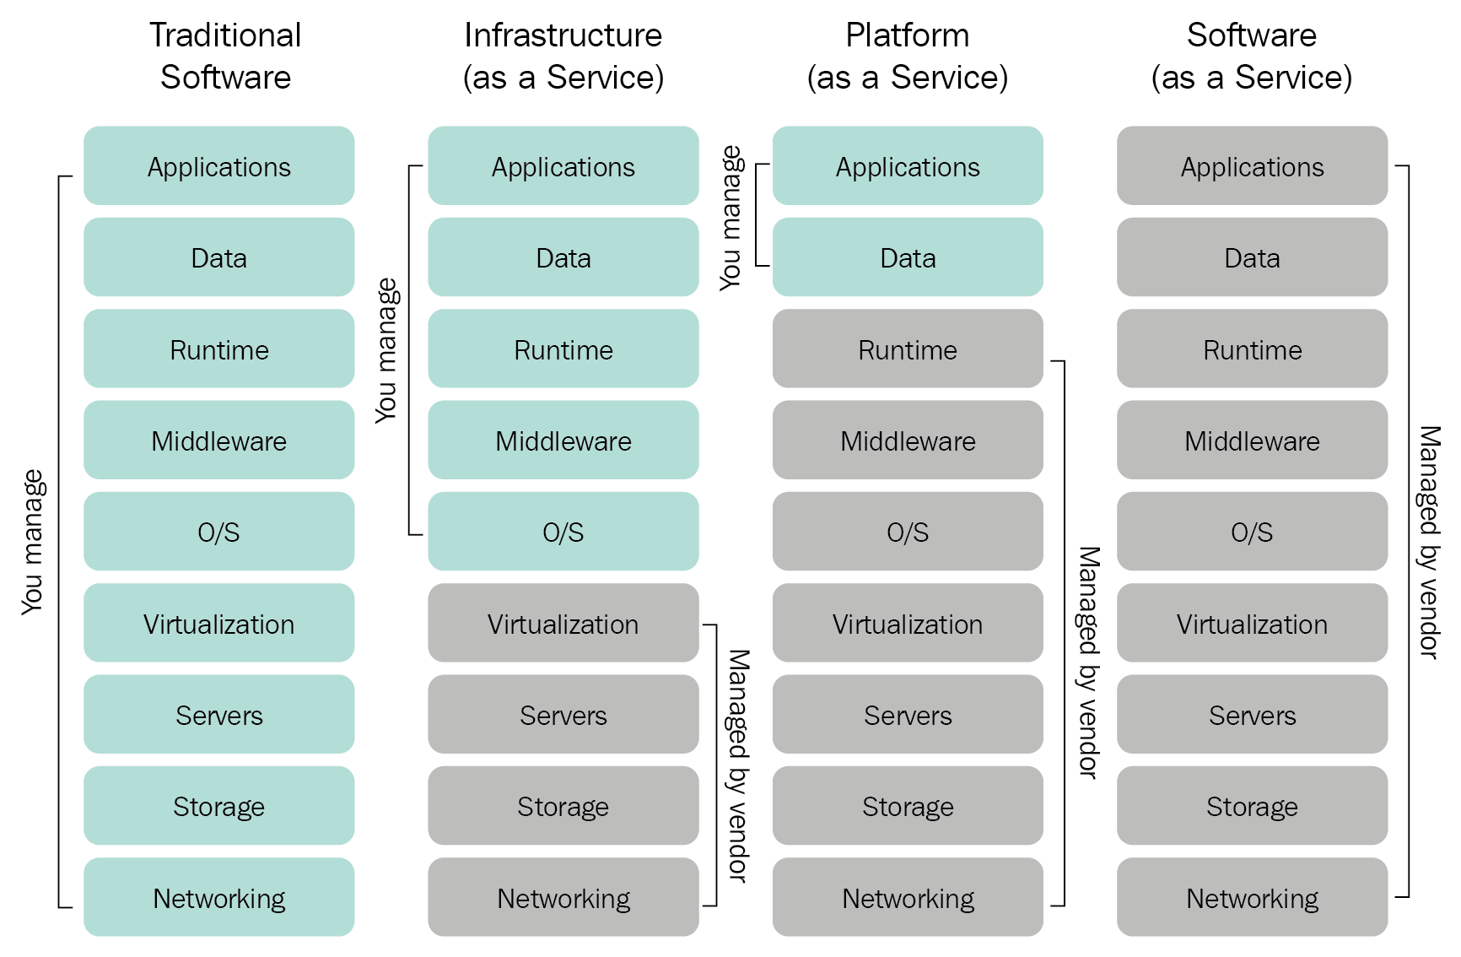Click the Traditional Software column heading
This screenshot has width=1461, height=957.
pyautogui.click(x=225, y=56)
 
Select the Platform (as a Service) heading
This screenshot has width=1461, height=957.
pyautogui.click(x=907, y=56)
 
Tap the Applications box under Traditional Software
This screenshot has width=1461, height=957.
pyautogui.click(x=219, y=166)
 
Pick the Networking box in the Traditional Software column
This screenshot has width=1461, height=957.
pyautogui.click(x=219, y=897)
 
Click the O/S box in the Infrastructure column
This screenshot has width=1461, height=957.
pyautogui.click(x=563, y=532)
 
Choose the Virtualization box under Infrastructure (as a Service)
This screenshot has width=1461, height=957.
pyautogui.click(x=563, y=624)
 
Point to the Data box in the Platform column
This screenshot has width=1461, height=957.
pyautogui.click(x=908, y=257)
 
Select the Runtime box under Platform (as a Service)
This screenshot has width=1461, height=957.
pyautogui.click(x=908, y=349)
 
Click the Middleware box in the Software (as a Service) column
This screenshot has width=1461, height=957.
pyautogui.click(x=1252, y=441)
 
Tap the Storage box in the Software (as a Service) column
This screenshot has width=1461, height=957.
pyautogui.click(x=1252, y=806)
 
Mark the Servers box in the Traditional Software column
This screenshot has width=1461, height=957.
pyautogui.click(x=219, y=715)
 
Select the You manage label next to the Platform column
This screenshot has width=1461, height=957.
pyautogui.click(x=730, y=218)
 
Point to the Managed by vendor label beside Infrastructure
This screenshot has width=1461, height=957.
pyautogui.click(x=738, y=765)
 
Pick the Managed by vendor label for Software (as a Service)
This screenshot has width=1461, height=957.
pyautogui.click(x=1428, y=542)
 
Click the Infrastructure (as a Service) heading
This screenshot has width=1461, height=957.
pyautogui.click(x=563, y=56)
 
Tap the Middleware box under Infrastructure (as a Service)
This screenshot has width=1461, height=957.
pyautogui.click(x=563, y=441)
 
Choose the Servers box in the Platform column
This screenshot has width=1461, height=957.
pyautogui.click(x=908, y=715)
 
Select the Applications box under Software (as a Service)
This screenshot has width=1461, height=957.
pyautogui.click(x=1252, y=166)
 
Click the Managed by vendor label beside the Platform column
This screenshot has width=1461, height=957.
pyautogui.click(x=1089, y=662)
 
